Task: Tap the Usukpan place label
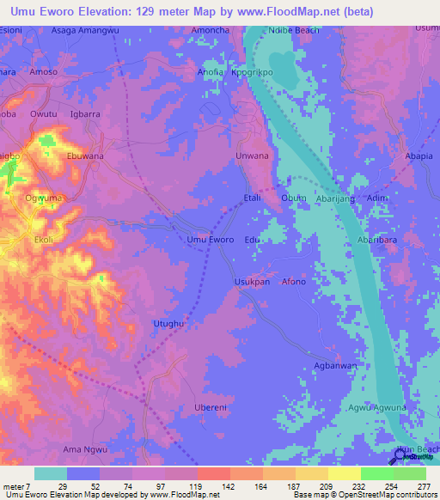coord(253,281)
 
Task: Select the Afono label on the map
coord(294,281)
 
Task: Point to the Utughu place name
coord(168,322)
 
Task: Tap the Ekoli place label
coord(43,240)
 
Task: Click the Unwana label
coord(253,156)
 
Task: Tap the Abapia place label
coord(419,156)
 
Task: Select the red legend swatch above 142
coord(213,473)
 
